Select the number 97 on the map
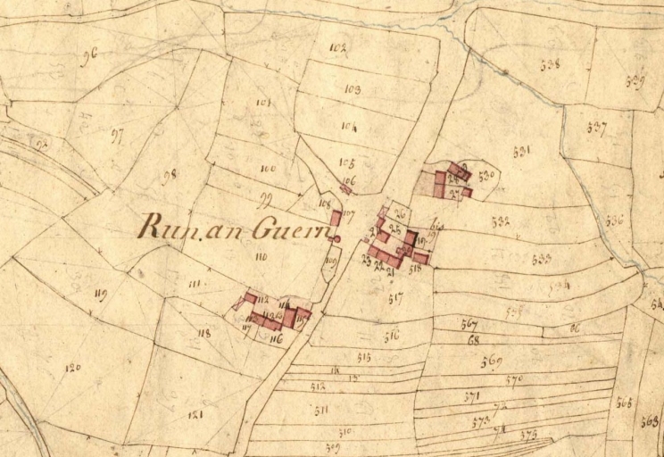coord(117,135)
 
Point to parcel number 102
coord(337,48)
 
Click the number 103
coord(351,90)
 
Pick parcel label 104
coord(349,128)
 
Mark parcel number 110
coord(261,256)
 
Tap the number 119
coord(99,294)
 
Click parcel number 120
coord(72,367)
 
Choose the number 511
coord(320,410)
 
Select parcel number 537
coord(596,127)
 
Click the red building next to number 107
coord(336,217)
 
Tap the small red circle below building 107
coord(337,238)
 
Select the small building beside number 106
coord(345,188)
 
